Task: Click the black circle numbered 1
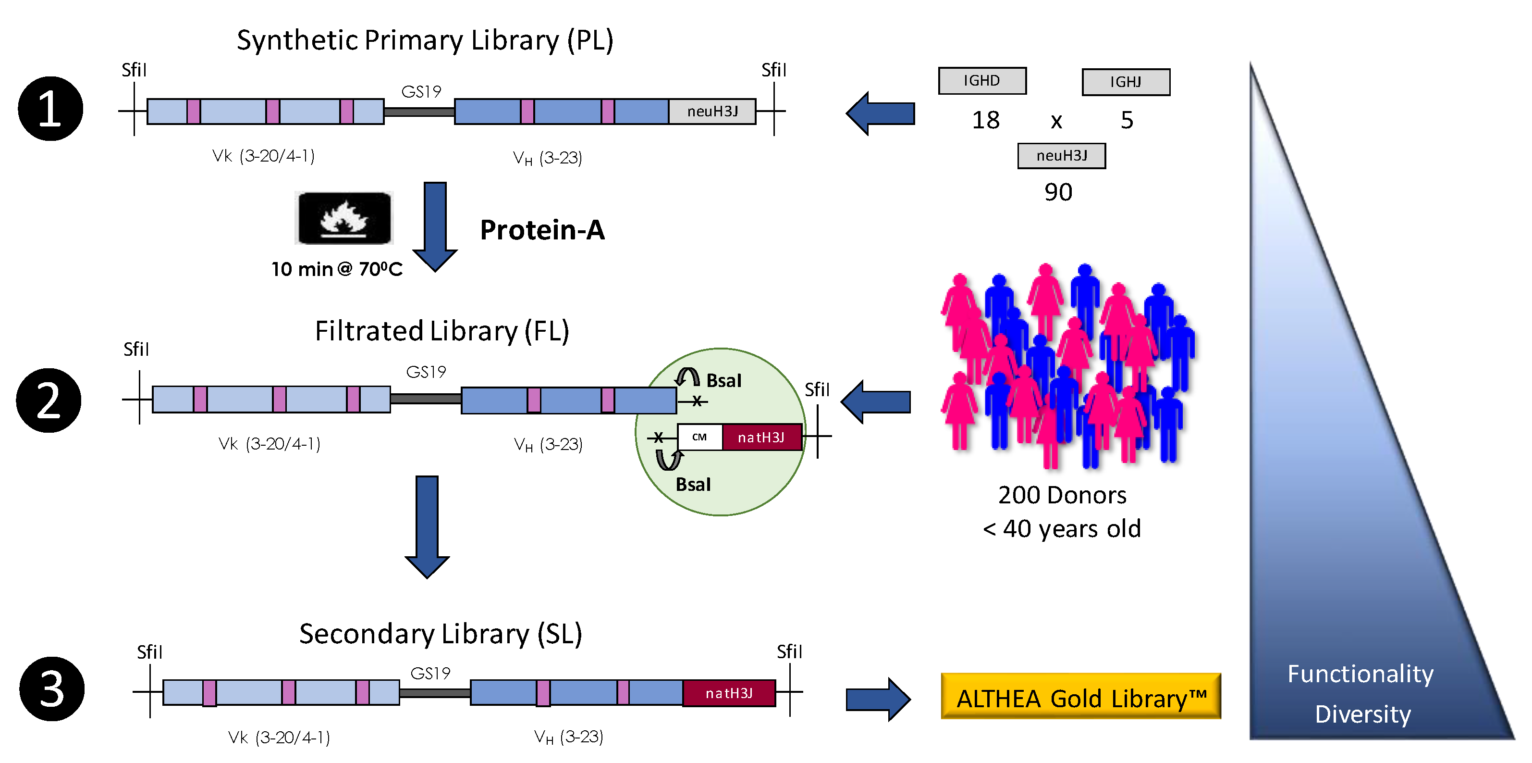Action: [x=50, y=109]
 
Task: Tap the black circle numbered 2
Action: [x=49, y=400]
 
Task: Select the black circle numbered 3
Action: [x=52, y=689]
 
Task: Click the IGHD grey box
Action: [x=982, y=81]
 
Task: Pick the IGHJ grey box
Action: [x=1125, y=82]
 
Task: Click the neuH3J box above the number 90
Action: [x=1061, y=156]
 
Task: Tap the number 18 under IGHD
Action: [x=985, y=120]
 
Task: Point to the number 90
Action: [x=1058, y=192]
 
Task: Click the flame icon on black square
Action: [x=344, y=218]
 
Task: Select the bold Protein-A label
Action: [x=542, y=230]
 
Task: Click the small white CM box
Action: [x=699, y=438]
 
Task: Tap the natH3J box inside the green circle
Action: [x=761, y=438]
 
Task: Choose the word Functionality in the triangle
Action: [x=1360, y=674]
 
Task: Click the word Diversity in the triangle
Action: [x=1362, y=713]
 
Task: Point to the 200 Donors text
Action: [x=1062, y=495]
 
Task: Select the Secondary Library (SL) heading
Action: [x=440, y=634]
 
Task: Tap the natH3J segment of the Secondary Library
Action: [x=729, y=693]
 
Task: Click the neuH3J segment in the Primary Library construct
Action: [x=712, y=111]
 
